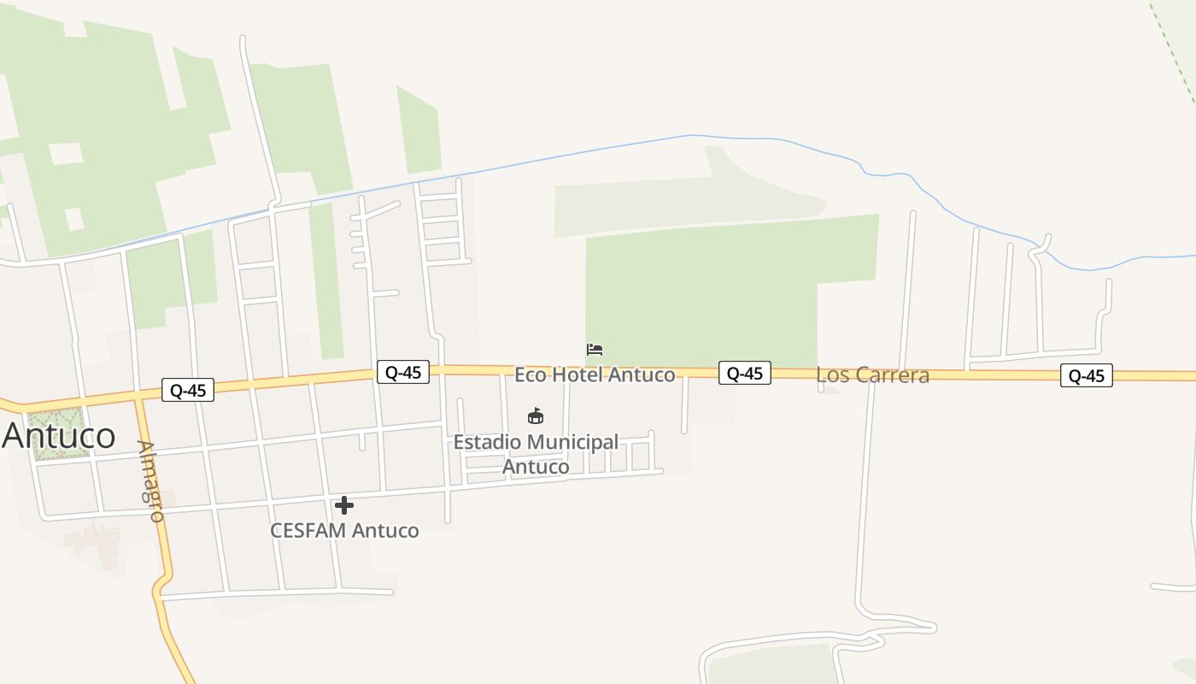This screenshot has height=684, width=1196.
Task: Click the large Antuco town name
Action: [x=58, y=436]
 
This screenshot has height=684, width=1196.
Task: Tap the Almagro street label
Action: [x=150, y=481]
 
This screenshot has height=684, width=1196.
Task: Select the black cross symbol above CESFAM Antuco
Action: [x=344, y=505]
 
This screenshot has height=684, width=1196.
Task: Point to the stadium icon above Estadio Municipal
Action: [x=536, y=416]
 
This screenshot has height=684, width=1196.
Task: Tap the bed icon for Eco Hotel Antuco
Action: [x=595, y=350]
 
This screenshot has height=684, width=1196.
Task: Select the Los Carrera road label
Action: [x=872, y=374]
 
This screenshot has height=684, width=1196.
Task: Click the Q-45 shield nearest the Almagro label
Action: [x=188, y=391]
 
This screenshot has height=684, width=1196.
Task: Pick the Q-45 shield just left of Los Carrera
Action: [x=744, y=373]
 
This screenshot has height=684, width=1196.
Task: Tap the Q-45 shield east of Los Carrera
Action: [x=1086, y=375]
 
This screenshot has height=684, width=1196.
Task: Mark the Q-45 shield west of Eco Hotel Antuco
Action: [x=402, y=372]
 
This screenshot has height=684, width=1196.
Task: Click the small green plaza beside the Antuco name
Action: [x=58, y=433]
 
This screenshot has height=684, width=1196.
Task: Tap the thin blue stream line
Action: [x=598, y=149]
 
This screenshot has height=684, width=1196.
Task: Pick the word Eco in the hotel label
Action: [x=531, y=374]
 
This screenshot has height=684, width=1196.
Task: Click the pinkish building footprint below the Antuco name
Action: [x=94, y=540]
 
